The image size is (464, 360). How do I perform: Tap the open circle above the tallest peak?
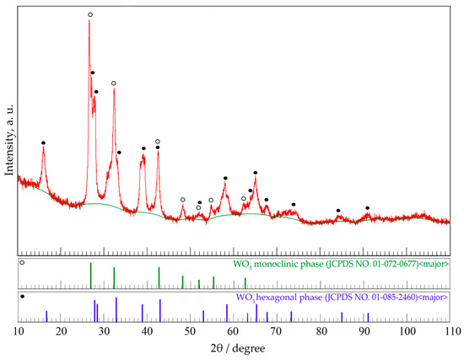90,14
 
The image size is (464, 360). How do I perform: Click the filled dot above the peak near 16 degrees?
43,142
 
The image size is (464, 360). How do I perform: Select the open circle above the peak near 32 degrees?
114,83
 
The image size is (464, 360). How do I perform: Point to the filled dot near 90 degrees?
367,207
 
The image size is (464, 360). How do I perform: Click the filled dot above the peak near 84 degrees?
338,210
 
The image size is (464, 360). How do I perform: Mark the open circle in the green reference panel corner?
23,264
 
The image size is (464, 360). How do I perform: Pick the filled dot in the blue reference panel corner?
23,297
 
